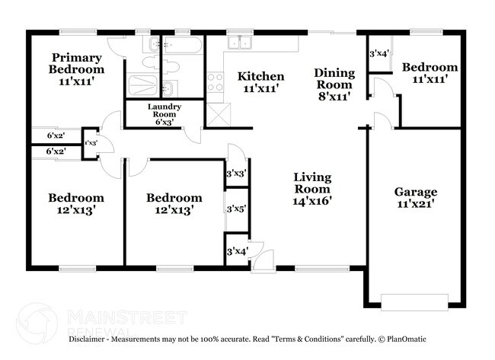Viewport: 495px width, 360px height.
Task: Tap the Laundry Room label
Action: [164, 114]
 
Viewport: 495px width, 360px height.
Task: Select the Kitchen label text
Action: [261, 82]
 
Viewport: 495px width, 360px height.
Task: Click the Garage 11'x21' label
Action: [415, 198]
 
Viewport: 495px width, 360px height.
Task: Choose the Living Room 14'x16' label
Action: [313, 190]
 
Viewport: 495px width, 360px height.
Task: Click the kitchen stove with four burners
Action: [215, 81]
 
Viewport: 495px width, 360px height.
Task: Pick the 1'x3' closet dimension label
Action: [91, 142]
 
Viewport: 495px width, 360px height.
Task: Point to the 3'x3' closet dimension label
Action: [237, 174]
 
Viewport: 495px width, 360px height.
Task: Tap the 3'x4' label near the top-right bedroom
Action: [378, 54]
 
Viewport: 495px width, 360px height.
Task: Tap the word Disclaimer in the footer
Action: [89, 339]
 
